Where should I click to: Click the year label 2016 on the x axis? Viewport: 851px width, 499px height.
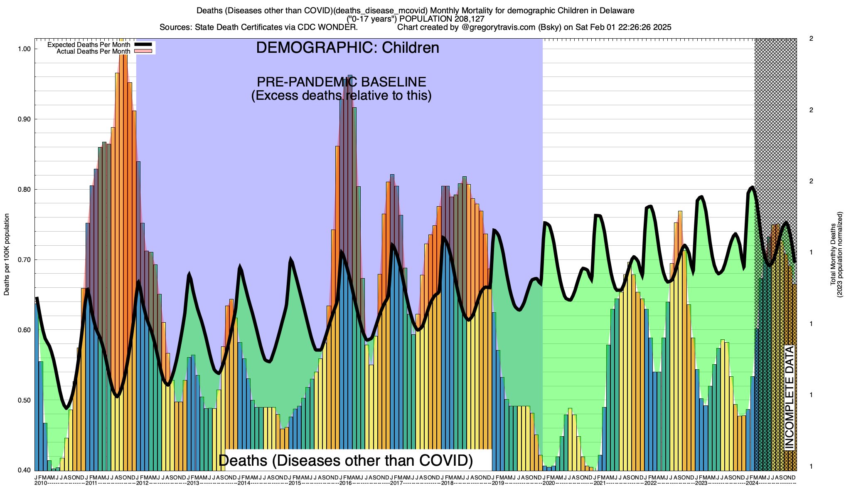click(x=345, y=483)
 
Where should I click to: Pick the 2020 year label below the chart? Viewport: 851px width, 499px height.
click(x=548, y=483)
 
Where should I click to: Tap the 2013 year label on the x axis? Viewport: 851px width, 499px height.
click(x=193, y=483)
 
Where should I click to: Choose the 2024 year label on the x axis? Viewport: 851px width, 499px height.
click(x=752, y=483)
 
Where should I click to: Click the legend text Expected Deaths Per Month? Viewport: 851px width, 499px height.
click(x=89, y=44)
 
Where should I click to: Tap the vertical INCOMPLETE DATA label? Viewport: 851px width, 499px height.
click(x=790, y=397)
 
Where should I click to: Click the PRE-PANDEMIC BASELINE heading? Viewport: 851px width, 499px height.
click(x=341, y=82)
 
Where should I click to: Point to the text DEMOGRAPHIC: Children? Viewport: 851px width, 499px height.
click(x=347, y=48)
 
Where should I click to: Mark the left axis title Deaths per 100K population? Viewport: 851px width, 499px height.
click(x=7, y=254)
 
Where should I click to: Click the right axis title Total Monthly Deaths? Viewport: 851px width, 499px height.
click(x=833, y=254)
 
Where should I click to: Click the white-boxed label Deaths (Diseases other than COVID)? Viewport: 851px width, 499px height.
click(x=346, y=460)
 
